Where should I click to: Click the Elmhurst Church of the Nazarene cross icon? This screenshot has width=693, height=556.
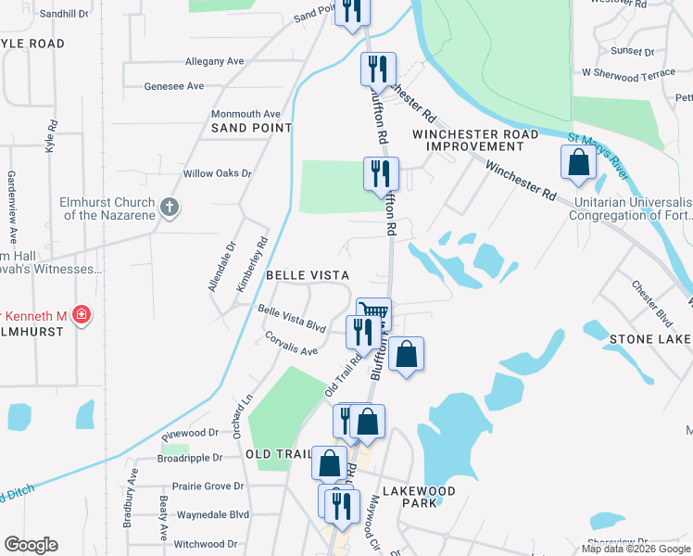[170, 208]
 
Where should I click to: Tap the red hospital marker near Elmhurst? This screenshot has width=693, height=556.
[82, 316]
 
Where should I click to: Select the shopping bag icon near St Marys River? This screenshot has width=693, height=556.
[578, 162]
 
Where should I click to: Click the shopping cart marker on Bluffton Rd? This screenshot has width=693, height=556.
[373, 311]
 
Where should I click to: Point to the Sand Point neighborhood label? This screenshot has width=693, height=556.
[252, 128]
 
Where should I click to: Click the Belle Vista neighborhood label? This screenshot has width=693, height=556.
[308, 275]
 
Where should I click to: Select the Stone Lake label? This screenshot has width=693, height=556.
[649, 340]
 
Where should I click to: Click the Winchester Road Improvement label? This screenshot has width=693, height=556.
[475, 140]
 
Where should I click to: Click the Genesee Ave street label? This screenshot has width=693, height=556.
[174, 86]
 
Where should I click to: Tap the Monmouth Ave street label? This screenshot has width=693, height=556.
[246, 113]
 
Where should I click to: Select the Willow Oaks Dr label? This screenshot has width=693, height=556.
[218, 173]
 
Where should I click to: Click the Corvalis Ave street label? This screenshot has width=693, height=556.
[291, 344]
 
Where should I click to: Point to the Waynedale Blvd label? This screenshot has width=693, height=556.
[212, 514]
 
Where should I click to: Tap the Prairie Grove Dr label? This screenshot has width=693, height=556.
[208, 486]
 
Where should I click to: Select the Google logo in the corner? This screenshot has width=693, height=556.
[31, 545]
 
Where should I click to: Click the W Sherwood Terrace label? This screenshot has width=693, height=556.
[629, 71]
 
